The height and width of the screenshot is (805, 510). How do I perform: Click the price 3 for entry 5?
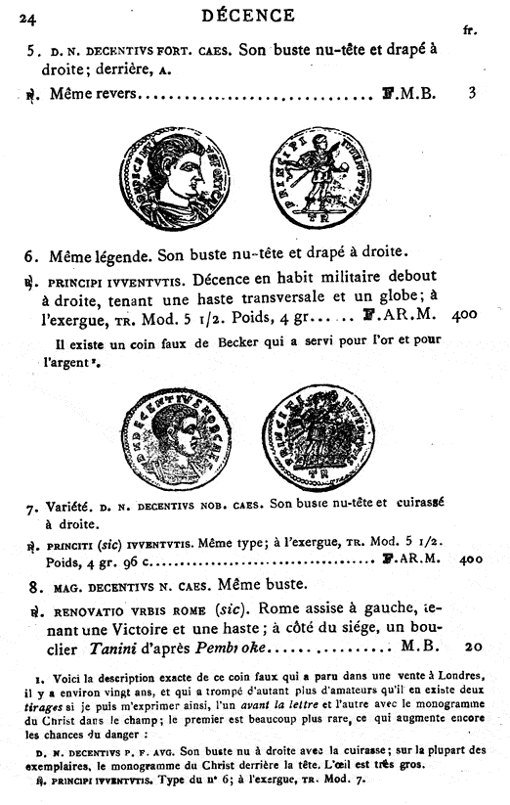pos(472,94)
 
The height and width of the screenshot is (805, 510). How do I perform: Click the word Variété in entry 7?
pos(69,508)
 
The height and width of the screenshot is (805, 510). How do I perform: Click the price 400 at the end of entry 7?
pos(470,560)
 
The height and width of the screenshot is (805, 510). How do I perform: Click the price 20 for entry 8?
pos(474,647)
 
